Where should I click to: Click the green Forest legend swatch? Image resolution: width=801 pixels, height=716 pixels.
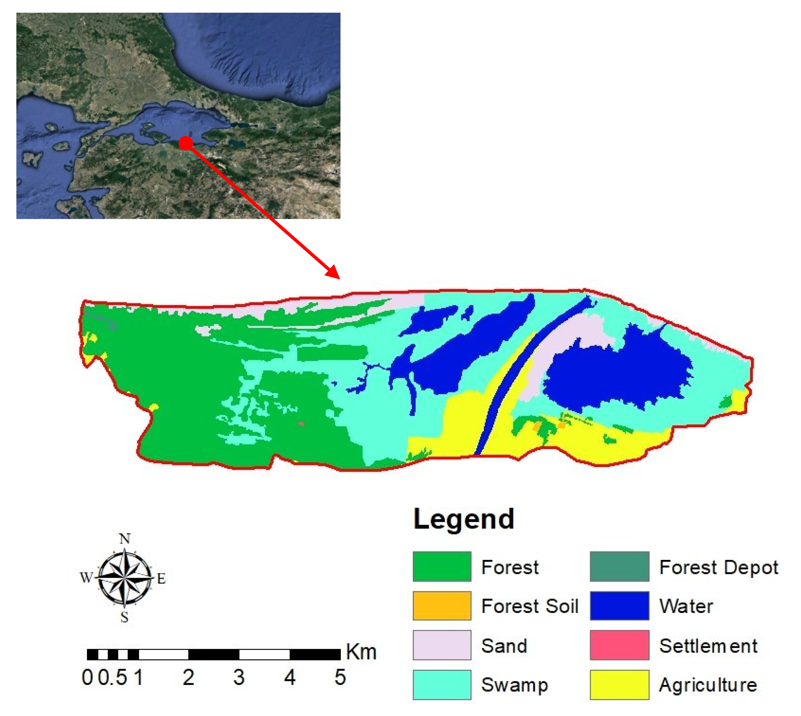[x=442, y=566]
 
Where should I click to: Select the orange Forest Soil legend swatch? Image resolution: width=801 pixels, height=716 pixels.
[x=442, y=606]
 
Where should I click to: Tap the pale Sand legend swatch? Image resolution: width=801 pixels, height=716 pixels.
[x=442, y=645]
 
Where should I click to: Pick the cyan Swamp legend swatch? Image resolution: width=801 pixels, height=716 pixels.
[x=442, y=685]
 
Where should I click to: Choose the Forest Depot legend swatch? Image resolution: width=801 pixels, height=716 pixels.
[x=619, y=566]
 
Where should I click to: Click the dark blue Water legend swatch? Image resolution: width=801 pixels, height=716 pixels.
[x=619, y=606]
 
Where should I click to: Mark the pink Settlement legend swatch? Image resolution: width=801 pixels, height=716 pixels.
[x=619, y=645]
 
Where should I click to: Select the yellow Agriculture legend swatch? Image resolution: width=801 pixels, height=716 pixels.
[x=619, y=685]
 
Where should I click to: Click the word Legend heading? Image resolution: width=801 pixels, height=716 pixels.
[x=464, y=520]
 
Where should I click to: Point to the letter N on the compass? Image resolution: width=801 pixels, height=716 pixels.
[x=125, y=538]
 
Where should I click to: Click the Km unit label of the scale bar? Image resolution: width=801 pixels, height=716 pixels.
[x=361, y=652]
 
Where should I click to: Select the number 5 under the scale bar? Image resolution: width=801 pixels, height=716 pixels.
[x=340, y=677]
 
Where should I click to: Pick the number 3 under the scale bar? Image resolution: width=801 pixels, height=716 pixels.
[x=239, y=677]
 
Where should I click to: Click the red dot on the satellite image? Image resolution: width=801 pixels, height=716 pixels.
[x=185, y=143]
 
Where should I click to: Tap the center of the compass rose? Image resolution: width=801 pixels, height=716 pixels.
[x=125, y=577]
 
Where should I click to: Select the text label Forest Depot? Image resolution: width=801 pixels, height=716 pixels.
[x=719, y=568]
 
